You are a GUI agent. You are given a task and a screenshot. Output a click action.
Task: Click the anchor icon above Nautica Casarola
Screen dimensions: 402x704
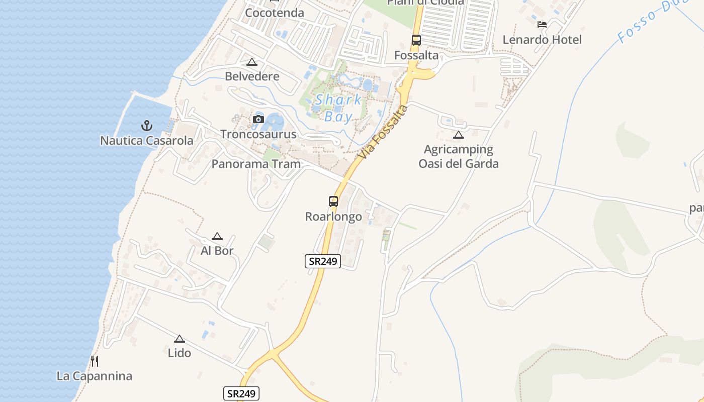click(x=147, y=125)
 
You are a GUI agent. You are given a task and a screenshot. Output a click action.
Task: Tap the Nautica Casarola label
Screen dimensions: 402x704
click(x=147, y=141)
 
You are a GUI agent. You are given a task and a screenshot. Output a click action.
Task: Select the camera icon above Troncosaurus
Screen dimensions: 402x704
click(x=258, y=120)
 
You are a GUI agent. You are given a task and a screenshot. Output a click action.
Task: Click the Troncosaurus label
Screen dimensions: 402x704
click(x=258, y=135)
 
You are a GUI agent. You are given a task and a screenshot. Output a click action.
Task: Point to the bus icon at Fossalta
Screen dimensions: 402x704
click(x=416, y=40)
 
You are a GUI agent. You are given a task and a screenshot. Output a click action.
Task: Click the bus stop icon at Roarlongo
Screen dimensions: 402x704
click(x=333, y=202)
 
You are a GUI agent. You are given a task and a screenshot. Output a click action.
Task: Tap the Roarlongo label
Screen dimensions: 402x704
click(x=333, y=217)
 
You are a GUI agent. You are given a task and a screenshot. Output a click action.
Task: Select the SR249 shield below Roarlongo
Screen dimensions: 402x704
click(x=323, y=261)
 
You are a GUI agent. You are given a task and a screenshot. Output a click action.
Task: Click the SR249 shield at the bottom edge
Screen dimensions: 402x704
click(x=241, y=393)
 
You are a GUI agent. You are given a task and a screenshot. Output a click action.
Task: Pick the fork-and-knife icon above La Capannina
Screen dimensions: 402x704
click(x=94, y=361)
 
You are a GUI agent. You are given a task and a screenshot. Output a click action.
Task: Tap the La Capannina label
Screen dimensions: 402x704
click(x=94, y=376)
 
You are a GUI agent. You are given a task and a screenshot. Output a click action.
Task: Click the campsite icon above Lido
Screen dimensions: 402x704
click(x=180, y=339)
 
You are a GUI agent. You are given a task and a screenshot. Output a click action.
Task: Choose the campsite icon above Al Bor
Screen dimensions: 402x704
click(x=217, y=236)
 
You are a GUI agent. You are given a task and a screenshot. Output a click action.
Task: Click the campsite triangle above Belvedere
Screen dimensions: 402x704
click(x=252, y=62)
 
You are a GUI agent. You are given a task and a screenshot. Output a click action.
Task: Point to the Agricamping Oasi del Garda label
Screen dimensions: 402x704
click(x=458, y=156)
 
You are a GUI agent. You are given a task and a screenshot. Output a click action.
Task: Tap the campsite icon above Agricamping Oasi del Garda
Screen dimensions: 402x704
click(x=458, y=135)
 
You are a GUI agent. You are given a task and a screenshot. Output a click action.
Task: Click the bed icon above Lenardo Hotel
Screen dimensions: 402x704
click(x=542, y=25)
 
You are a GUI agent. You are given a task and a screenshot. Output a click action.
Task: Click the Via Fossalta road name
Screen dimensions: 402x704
click(x=383, y=133)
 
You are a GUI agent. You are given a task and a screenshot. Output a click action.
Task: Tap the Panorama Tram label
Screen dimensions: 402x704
click(x=256, y=164)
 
